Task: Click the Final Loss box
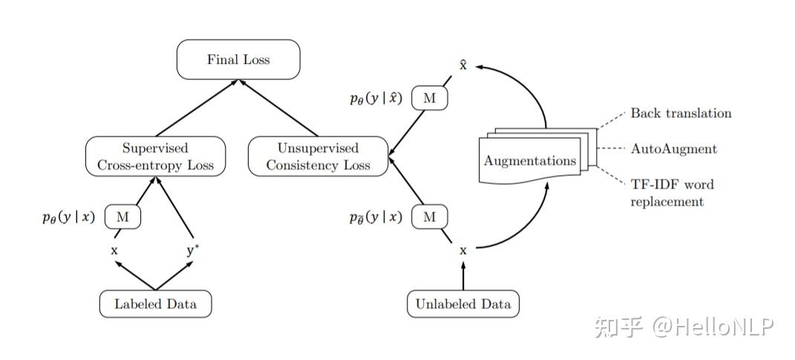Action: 238,59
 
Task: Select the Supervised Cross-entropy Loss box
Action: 155,156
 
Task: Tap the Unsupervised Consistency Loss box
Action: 318,156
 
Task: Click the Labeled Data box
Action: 155,304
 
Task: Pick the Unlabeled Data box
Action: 463,304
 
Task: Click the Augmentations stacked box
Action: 530,160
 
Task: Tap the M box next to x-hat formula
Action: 429,98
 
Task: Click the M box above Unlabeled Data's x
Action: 429,217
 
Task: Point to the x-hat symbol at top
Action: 462,65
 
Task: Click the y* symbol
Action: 192,250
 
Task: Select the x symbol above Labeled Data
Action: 114,251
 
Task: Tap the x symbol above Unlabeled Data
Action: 463,251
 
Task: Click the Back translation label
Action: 681,114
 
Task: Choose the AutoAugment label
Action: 673,149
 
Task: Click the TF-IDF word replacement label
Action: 672,192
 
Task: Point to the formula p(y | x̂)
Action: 376,98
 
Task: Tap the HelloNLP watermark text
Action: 713,326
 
